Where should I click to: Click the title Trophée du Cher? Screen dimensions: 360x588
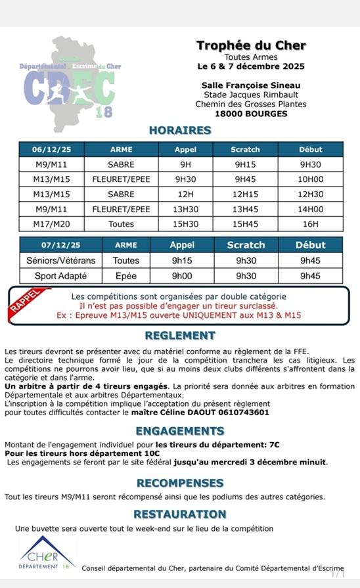(x=251, y=45)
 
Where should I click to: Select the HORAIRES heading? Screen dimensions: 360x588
(x=179, y=130)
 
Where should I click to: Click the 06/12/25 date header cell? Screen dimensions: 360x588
(x=51, y=149)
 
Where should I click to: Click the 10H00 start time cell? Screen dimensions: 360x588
(x=311, y=179)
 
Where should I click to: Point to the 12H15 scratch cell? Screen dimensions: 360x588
(x=245, y=194)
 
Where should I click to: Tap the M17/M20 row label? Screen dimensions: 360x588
(x=51, y=224)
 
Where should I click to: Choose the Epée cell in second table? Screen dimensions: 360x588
(x=126, y=276)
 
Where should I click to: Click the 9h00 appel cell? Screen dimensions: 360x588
(x=182, y=276)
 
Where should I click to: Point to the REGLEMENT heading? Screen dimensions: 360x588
(x=179, y=336)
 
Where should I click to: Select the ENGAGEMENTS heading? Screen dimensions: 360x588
(x=179, y=431)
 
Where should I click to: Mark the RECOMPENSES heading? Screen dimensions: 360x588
(x=179, y=483)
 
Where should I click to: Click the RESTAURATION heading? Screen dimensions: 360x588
(x=179, y=514)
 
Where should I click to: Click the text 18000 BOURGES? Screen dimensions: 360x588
(x=251, y=114)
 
